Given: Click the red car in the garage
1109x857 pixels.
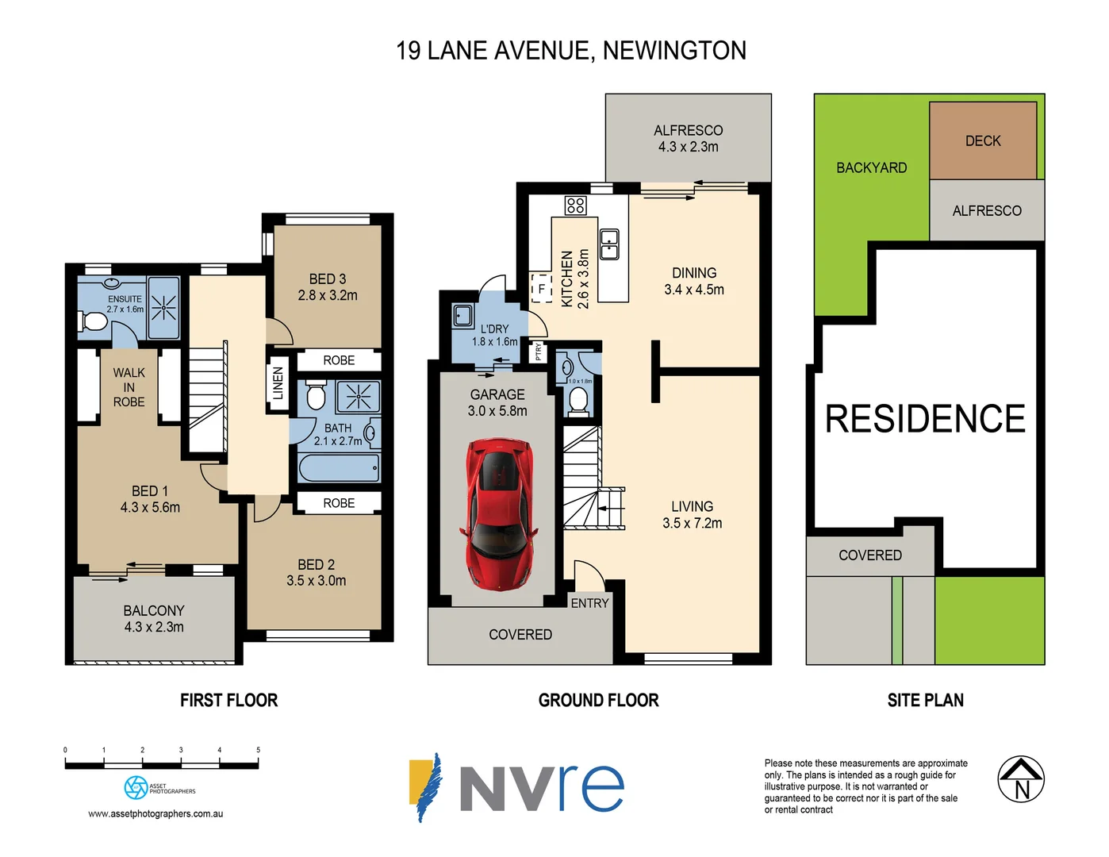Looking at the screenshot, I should pyautogui.click(x=497, y=513).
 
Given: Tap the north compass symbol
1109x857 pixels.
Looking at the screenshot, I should pyautogui.click(x=1021, y=779).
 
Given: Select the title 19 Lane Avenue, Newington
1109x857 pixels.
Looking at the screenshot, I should pyautogui.click(x=571, y=51).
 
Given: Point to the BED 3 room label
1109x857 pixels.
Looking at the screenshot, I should pyautogui.click(x=328, y=279).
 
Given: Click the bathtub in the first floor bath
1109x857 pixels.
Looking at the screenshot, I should pyautogui.click(x=339, y=468).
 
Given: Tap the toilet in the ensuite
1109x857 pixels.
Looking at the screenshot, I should pyautogui.click(x=94, y=321).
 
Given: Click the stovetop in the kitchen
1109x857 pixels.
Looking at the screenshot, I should pyautogui.click(x=575, y=206).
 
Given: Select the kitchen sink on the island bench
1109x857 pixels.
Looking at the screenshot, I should pyautogui.click(x=609, y=244).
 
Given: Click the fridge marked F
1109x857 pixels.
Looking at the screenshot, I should pyautogui.click(x=542, y=288).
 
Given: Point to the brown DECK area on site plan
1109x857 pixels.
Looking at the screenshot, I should pyautogui.click(x=983, y=140).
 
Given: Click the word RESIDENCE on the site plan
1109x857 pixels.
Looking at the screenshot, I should pyautogui.click(x=925, y=419).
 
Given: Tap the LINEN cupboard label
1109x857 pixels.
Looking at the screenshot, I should pyautogui.click(x=278, y=382).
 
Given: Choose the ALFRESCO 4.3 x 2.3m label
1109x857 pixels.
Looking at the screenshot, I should pyautogui.click(x=688, y=139).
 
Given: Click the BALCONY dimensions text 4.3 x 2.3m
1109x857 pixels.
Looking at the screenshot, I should pyautogui.click(x=154, y=627).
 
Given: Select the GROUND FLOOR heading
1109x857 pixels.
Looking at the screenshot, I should pyautogui.click(x=598, y=700).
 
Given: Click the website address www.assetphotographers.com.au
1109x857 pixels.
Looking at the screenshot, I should pyautogui.click(x=155, y=813).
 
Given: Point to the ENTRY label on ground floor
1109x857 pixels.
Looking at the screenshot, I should pyautogui.click(x=589, y=603).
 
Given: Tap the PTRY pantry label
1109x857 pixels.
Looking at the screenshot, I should pyautogui.click(x=538, y=350).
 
